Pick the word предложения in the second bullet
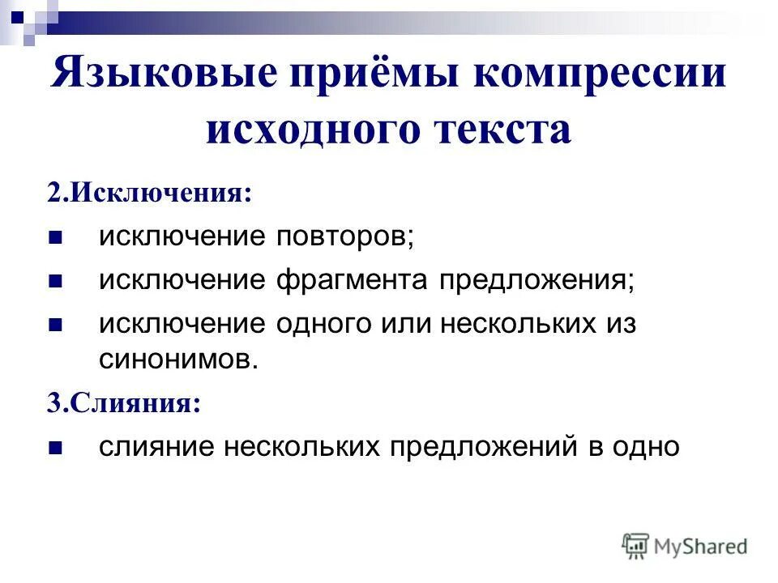click(535, 280)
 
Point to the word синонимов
click(177, 359)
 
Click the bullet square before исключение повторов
click(55, 238)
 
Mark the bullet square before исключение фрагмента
click(55, 282)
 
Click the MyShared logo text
click(701, 547)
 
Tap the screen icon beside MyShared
click(636, 545)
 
